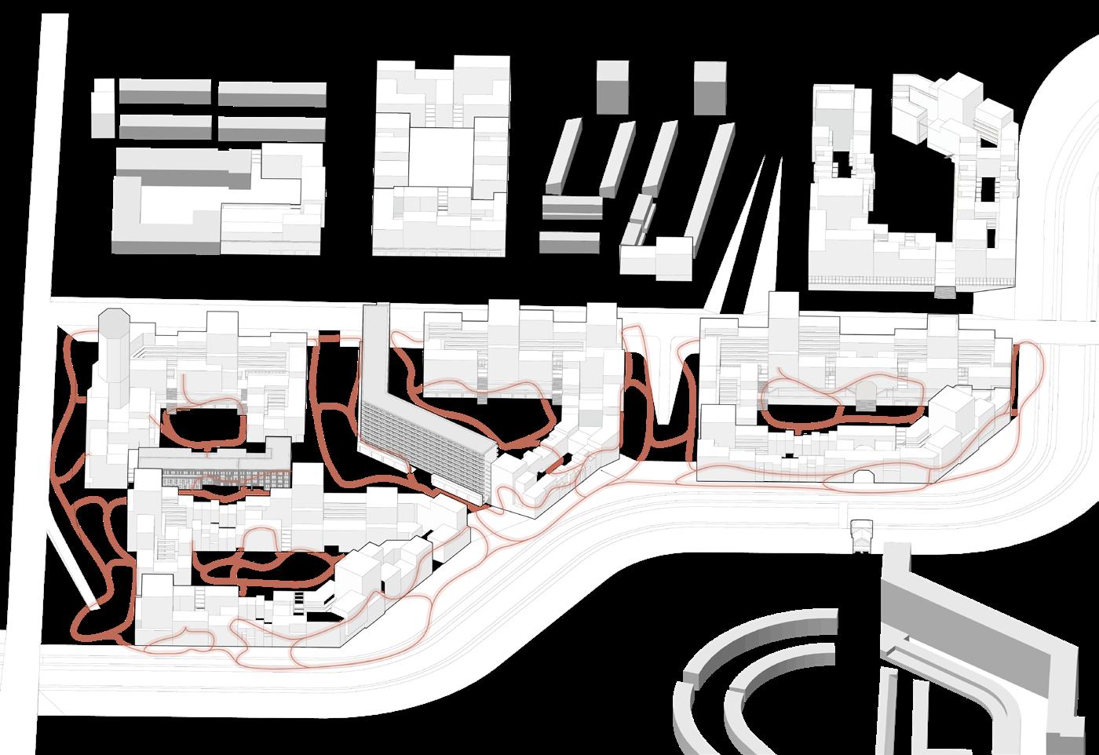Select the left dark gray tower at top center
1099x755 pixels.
pos(612,88)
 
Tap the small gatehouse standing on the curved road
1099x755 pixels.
pos(861,535)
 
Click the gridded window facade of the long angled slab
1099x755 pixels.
pos(424,440)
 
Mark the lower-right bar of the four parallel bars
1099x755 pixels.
pos(272,128)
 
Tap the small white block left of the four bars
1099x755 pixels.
pos(102,114)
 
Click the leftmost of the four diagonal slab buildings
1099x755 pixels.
pos(563,157)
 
